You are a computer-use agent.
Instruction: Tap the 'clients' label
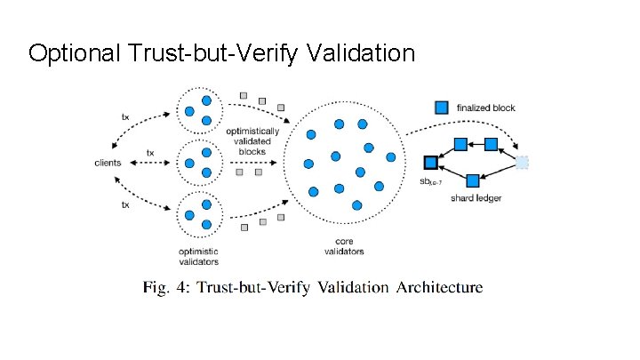(109, 162)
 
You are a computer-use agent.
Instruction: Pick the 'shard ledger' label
(476, 198)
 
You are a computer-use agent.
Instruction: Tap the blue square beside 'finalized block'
(441, 108)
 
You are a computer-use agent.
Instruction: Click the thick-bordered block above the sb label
(431, 163)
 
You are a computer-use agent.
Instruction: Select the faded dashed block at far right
(523, 162)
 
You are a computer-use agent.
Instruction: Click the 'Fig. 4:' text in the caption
(166, 287)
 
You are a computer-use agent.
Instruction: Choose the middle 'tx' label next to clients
(150, 152)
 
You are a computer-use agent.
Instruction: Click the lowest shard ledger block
(473, 180)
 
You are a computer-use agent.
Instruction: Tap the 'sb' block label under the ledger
(430, 182)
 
